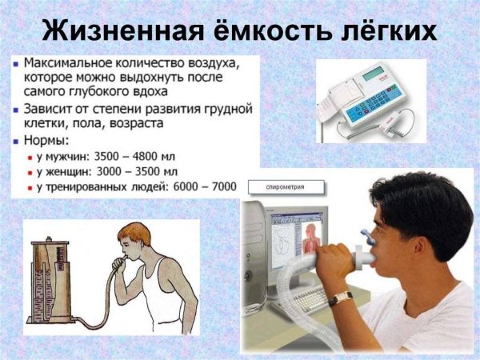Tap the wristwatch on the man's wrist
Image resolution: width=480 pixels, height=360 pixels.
click(x=342, y=298)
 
